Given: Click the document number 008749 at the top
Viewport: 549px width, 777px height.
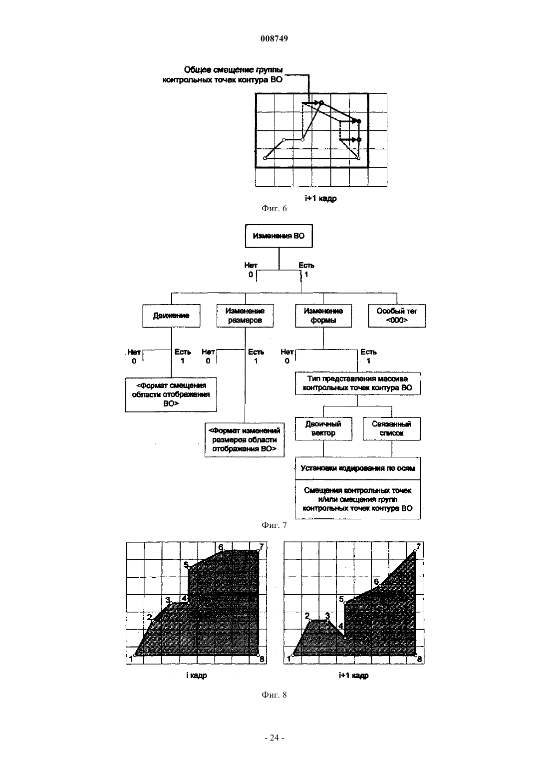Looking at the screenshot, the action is (x=274, y=38).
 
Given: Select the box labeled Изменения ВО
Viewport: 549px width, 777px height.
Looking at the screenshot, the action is (x=278, y=236).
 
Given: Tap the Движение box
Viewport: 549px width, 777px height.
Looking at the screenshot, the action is (x=171, y=316).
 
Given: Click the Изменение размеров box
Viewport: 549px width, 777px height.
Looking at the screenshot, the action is (x=245, y=316).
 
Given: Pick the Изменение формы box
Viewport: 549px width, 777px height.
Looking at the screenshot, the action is (x=323, y=316).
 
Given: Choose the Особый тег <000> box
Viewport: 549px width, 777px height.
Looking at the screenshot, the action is (x=397, y=316).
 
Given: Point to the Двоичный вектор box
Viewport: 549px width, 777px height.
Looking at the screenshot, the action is (x=323, y=429).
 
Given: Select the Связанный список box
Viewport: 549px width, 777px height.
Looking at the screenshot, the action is (x=392, y=429).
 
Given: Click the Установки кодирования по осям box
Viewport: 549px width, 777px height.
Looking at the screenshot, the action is (x=358, y=468).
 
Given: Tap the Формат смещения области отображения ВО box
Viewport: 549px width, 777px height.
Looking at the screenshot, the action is (x=171, y=395).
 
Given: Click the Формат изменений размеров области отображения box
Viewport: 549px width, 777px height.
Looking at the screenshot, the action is (x=245, y=440).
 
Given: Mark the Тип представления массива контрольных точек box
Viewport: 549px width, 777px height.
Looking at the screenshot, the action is (x=358, y=384).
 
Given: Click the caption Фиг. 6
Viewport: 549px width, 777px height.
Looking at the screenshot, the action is (x=274, y=208).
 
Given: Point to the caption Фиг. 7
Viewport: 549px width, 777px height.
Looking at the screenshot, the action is (x=274, y=525).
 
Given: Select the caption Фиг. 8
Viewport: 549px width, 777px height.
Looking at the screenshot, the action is (x=274, y=695).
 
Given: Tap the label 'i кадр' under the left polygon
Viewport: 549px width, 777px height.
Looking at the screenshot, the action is (x=197, y=675).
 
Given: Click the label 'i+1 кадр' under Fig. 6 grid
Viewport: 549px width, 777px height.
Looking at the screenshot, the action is (x=320, y=198).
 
